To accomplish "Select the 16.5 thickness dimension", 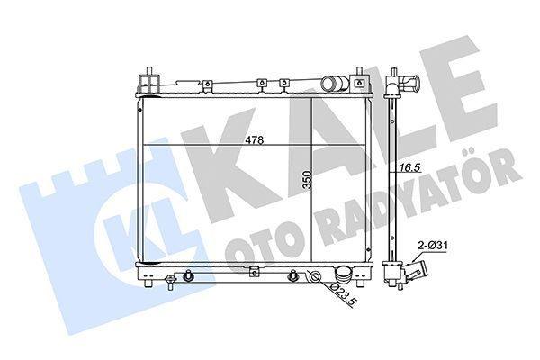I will [411, 166].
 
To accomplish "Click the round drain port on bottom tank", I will [315, 276].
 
